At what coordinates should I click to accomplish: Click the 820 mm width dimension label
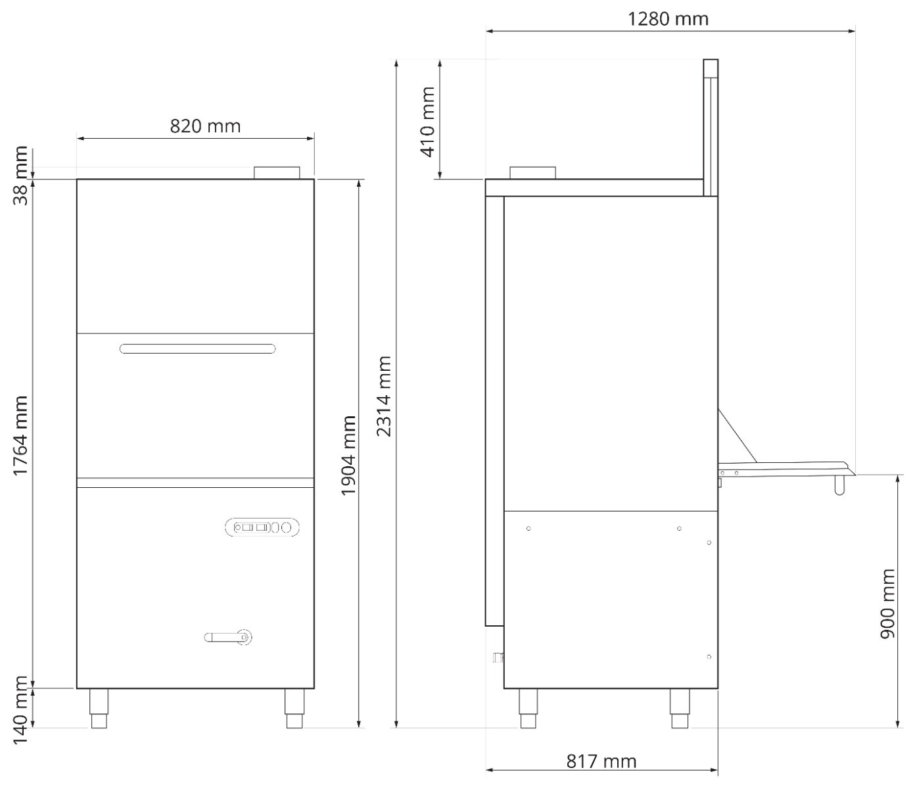coord(205,126)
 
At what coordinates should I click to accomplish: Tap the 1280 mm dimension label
coord(668,18)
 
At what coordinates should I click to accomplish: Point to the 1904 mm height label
coord(348,455)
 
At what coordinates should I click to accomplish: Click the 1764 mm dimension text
coord(22,435)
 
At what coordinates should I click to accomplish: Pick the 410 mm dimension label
coord(427,122)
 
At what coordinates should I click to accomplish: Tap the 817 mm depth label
coord(601,761)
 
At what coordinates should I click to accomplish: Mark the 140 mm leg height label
coord(22,710)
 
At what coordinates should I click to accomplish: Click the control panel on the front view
coord(262,527)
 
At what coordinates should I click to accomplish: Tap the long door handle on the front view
coord(197,348)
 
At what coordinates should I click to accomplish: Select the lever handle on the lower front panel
coord(228,636)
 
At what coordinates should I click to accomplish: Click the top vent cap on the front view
coord(277,172)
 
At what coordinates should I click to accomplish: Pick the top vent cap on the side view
coord(532,172)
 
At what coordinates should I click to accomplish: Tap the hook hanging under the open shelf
coord(839,485)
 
